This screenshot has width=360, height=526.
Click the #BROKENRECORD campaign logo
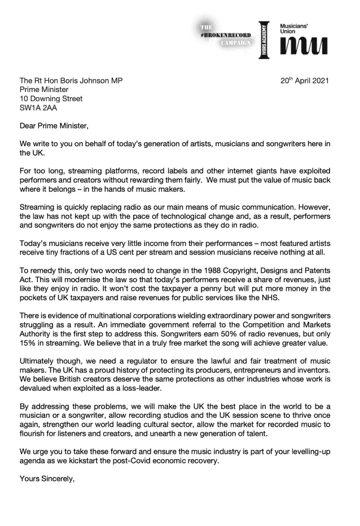pos(222,36)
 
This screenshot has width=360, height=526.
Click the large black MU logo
pos(304,47)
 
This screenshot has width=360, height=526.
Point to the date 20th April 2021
pos(305,81)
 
